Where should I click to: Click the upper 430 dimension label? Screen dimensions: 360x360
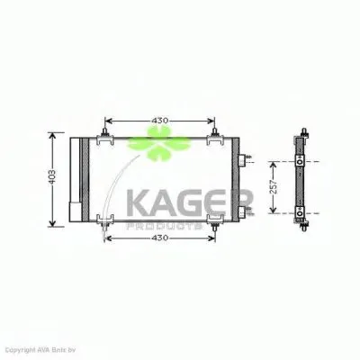159,121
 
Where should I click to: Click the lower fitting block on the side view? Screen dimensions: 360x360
301,212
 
